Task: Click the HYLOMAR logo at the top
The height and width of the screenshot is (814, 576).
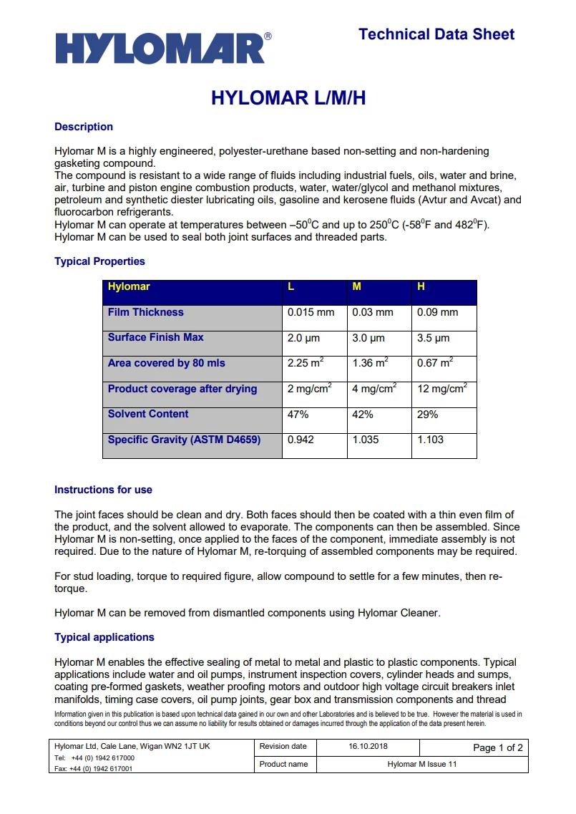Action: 163,48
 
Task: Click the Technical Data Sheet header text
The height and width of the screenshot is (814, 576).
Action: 436,34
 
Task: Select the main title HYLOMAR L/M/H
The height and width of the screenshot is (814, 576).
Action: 288,98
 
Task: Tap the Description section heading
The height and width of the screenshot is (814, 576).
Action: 84,127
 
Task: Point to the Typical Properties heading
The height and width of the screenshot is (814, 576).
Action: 99,261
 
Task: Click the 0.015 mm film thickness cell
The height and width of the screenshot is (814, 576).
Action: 311,312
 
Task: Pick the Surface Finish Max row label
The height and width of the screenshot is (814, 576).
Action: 155,337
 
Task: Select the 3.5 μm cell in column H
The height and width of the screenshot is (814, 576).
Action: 433,338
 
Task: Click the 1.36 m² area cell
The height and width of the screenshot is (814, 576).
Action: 370,363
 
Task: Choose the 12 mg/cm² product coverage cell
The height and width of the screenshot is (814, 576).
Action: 441,389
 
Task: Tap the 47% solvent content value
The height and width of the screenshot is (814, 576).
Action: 298,414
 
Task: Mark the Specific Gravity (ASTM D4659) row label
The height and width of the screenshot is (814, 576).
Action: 184,440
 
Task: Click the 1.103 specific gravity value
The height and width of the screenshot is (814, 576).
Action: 430,440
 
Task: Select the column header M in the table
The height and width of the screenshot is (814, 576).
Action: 356,286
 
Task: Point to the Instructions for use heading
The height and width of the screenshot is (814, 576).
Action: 103,490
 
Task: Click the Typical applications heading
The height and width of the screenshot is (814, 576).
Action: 104,637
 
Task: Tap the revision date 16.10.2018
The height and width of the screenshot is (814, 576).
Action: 368,746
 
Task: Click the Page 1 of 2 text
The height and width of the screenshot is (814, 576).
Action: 498,747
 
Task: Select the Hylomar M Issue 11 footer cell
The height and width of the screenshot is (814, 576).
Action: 422,764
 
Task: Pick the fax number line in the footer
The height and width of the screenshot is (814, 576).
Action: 94,768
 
